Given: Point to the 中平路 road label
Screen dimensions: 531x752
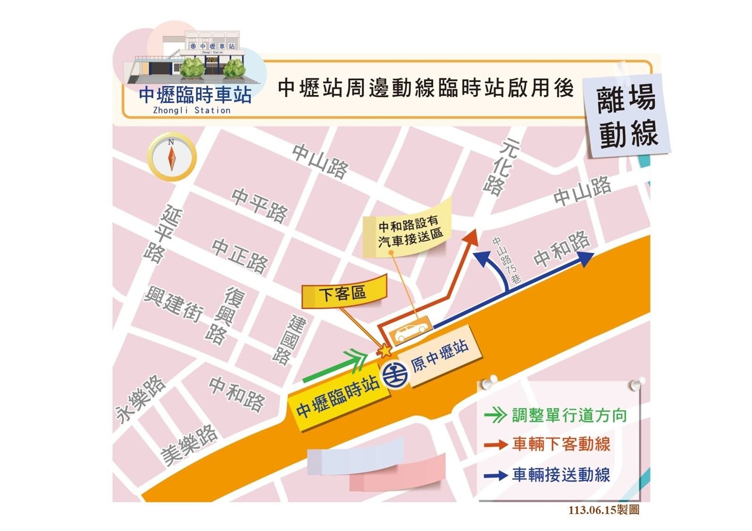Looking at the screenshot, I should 259,205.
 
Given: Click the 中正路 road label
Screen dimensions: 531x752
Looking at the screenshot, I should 240,255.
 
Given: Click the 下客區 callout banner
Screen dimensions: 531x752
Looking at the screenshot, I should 343,295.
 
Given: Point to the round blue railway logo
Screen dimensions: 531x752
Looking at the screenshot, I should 395,376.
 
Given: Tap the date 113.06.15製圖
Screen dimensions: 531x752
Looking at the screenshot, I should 604,510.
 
